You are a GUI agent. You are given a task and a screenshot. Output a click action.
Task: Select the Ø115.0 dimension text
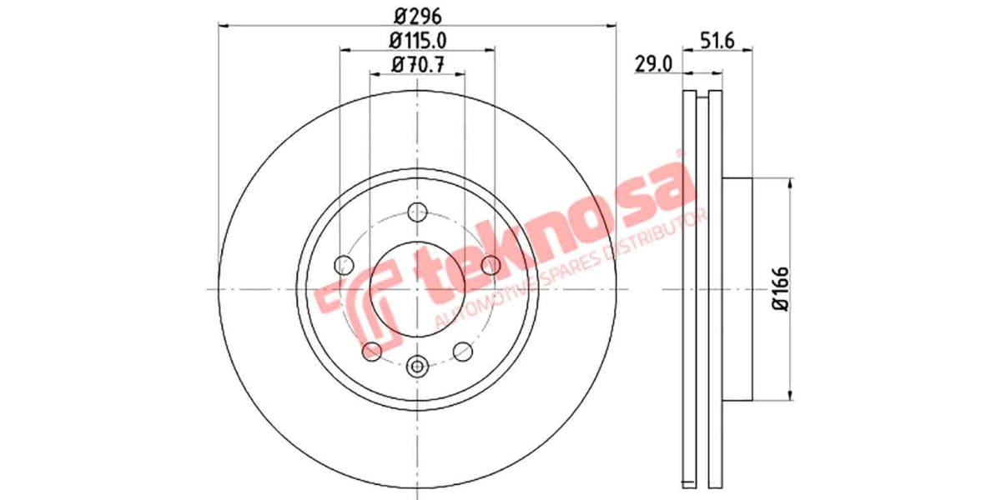point(417,39)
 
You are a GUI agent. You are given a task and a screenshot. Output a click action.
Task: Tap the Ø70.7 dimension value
point(417,63)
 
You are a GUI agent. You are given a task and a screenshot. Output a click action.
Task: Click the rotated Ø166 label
point(780,288)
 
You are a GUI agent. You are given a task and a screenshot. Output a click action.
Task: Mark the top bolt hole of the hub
point(417,212)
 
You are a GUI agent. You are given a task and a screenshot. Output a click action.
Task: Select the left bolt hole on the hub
point(343,265)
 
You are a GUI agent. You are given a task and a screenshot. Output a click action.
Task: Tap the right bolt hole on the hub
point(491,265)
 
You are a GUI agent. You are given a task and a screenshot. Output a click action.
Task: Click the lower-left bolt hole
point(372,352)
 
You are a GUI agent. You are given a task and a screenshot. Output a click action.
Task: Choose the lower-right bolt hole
point(463,352)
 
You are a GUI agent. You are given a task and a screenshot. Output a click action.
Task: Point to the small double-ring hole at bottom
point(418,364)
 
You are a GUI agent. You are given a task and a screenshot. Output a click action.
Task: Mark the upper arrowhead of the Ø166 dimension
point(789,183)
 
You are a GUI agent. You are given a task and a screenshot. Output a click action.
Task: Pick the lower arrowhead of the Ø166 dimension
point(789,394)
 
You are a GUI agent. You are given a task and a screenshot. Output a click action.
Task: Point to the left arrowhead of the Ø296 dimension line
point(223,26)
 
